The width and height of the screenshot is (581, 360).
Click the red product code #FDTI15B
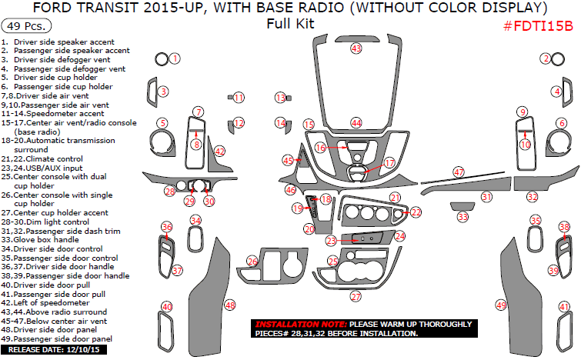coord(538,26)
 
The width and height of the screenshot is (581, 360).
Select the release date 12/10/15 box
coord(56,350)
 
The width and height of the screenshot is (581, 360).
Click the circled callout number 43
coord(356,48)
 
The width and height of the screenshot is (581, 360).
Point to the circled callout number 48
coord(229,305)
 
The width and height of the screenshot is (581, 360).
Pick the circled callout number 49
coord(501,305)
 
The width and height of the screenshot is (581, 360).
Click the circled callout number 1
coord(175,58)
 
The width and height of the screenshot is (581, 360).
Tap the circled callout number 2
coord(546,58)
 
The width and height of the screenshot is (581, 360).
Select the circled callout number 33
coord(462,218)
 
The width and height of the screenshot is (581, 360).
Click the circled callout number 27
coord(356,296)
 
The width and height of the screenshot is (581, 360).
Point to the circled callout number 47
coord(459,172)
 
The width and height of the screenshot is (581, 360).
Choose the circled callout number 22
coord(416,212)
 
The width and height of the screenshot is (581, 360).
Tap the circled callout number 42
coord(220,152)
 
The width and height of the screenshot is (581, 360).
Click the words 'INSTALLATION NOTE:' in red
coord(300,325)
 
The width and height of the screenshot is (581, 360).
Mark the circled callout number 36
coord(166,227)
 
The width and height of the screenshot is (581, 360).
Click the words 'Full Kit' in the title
coord(290,23)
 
